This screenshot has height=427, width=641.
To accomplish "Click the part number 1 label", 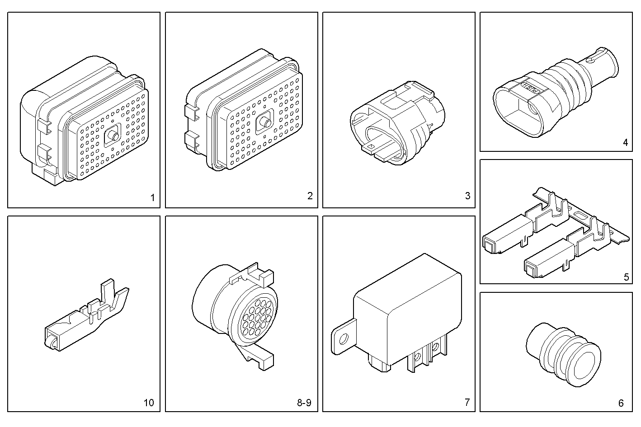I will pos(152,197).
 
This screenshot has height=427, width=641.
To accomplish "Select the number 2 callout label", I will pos(310,196).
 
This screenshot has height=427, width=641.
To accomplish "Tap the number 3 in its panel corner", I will pos(467,196).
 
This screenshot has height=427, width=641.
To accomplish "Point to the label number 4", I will pos(625,143).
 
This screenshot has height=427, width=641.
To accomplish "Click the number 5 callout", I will pos(626,277).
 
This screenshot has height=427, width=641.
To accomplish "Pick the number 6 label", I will pos(621,403).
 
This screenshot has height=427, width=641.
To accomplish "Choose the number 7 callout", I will pos(467,402).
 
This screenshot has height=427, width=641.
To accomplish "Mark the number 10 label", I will pos(148,403).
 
